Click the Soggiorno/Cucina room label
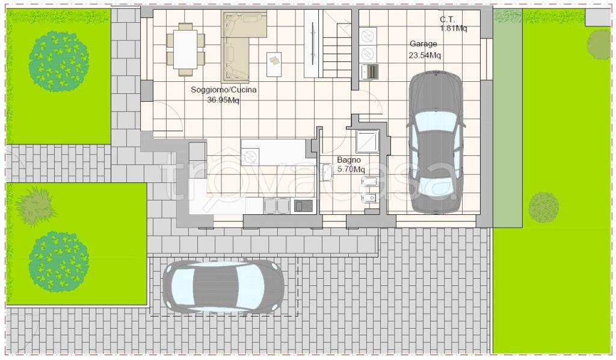tap(224, 90)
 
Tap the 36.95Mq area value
tap(223, 100)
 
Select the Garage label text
tap(423, 44)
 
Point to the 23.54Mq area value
tap(425, 55)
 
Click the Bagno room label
tap(349, 160)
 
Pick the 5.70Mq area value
tap(351, 169)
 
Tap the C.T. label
tap(447, 19)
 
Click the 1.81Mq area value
tap(454, 28)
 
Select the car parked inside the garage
tap(436, 142)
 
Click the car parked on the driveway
tap(223, 287)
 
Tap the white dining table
tap(185, 49)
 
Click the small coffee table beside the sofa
tap(274, 64)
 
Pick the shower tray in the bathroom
tap(368, 141)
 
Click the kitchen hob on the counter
tap(303, 205)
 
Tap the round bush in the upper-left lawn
tap(59, 61)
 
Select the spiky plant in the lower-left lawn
tap(35, 206)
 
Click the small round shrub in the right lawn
tap(543, 207)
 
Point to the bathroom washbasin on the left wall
tap(327, 173)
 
